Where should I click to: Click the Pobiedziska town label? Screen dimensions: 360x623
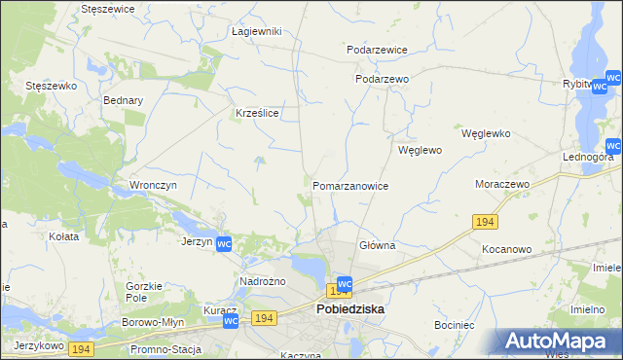point(349,308)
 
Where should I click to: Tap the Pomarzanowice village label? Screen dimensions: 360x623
point(350,186)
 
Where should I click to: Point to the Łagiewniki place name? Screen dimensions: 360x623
point(256,31)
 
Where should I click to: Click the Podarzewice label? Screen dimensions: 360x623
point(377,49)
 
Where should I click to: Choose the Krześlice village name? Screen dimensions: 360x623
point(258,113)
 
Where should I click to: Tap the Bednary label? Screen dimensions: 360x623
point(124,100)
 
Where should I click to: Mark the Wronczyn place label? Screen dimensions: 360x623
point(152,184)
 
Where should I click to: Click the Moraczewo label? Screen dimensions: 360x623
point(500,184)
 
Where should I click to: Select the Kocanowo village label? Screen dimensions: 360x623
point(506,249)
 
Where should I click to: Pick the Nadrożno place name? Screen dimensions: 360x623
point(260,281)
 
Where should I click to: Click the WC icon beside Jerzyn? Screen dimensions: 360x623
point(224,243)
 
